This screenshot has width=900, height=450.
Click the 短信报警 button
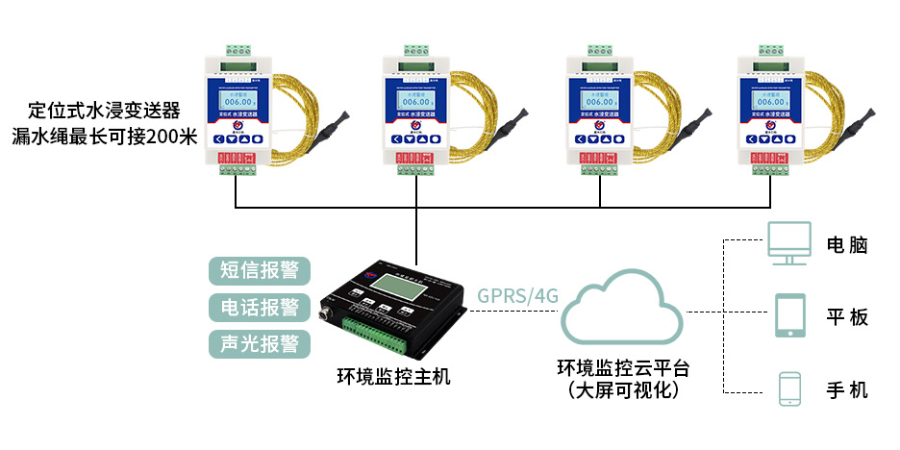point(260,270)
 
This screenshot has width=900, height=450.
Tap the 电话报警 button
point(260,307)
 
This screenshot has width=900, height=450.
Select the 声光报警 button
point(260,343)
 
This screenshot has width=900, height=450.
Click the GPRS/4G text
point(518,295)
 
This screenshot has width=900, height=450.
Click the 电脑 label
point(847,244)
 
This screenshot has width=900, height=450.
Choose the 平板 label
point(847,316)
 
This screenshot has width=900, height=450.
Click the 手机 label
point(847,389)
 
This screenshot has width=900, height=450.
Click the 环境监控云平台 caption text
point(624,368)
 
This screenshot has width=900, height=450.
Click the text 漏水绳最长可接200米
point(104,136)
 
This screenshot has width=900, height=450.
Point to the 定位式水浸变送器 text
point(104,109)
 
